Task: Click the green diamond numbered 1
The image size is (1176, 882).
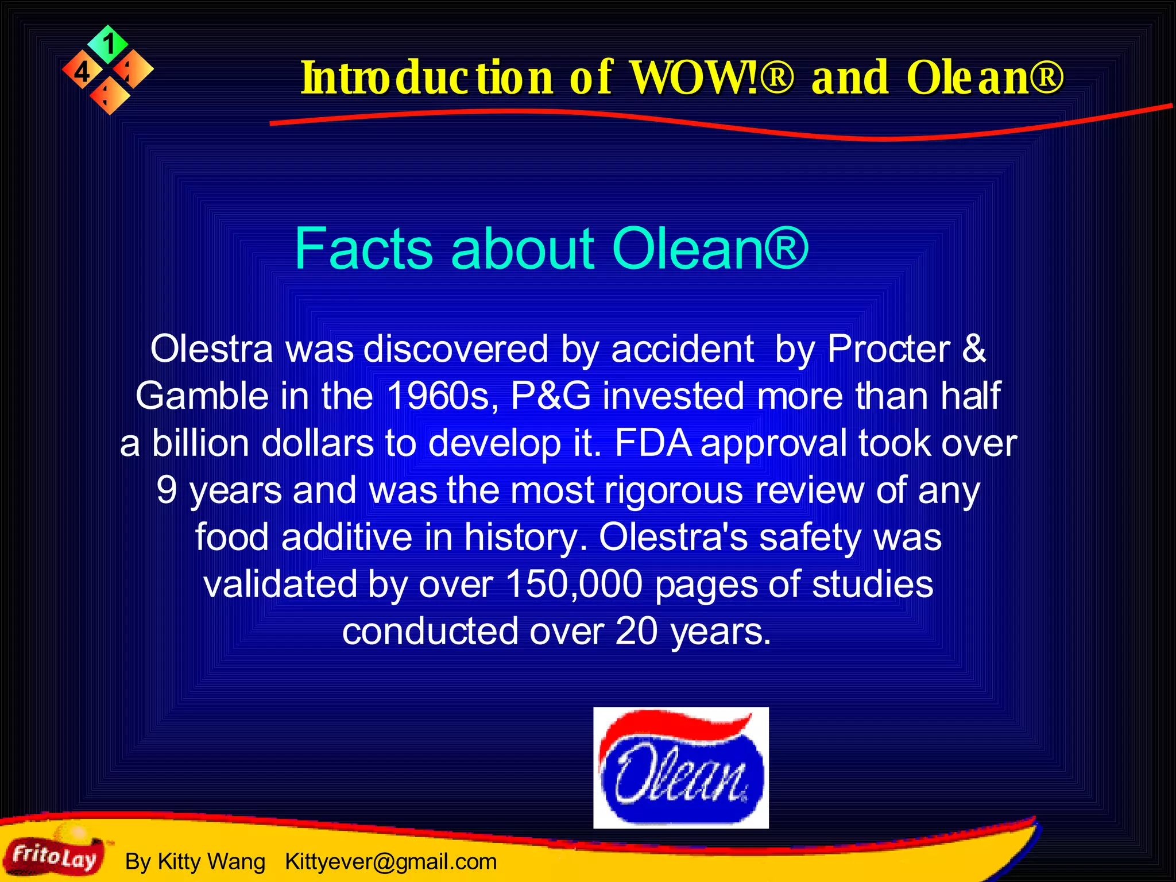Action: point(108,44)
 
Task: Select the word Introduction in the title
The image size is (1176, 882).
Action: point(427,78)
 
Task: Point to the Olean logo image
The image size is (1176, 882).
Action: point(680,767)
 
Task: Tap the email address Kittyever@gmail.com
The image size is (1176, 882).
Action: point(390,861)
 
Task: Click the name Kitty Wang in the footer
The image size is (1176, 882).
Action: point(211,861)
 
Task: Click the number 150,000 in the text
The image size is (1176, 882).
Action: point(574,585)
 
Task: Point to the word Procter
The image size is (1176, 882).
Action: point(889,349)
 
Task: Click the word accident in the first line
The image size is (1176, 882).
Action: point(682,349)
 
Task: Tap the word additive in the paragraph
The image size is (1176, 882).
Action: point(347,537)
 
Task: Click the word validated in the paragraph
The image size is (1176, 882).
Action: point(280,585)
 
